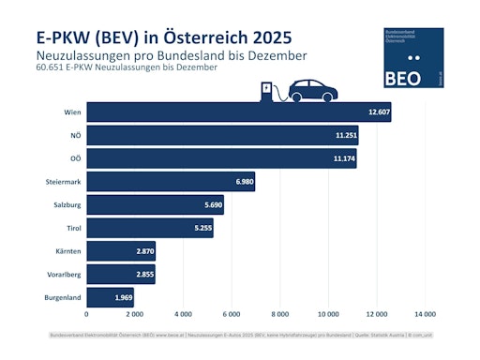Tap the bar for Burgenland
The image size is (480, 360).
point(111,298)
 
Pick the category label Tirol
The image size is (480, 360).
point(68,228)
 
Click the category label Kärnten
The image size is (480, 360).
point(63,251)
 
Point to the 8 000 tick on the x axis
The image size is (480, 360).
point(279,314)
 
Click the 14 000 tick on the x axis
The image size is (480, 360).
point(425,314)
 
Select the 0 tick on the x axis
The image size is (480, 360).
point(86,314)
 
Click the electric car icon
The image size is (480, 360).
point(313,90)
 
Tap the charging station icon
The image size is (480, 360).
point(268,92)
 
